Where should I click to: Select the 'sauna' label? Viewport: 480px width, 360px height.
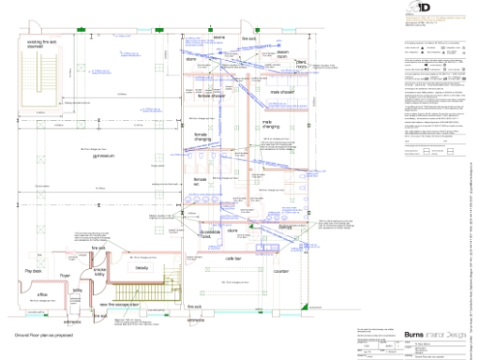219,38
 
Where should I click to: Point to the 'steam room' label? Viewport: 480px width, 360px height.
281,54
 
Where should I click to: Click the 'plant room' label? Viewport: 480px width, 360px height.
300,66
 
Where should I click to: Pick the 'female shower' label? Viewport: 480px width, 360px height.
212,94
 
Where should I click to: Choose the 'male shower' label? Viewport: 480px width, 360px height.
283,93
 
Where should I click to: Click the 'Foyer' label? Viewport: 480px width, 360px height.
65,275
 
